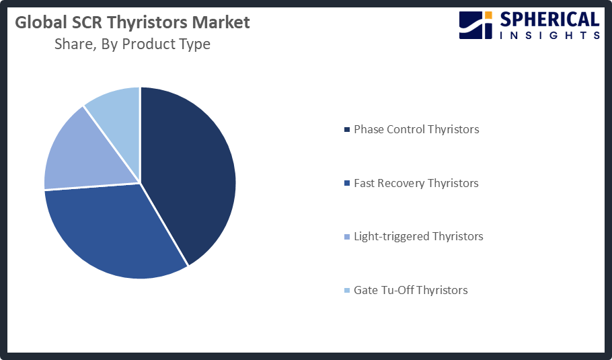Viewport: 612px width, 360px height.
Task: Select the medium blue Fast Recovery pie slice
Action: point(114,232)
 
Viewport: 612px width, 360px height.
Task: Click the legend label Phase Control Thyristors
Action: point(416,129)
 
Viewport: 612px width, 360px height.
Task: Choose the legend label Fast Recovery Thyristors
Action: point(416,183)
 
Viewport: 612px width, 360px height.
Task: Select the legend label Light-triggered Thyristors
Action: point(418,236)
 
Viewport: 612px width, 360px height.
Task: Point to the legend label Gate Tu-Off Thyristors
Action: point(410,290)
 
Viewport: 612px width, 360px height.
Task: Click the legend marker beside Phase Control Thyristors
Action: point(347,130)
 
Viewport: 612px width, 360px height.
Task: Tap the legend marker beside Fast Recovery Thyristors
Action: point(347,184)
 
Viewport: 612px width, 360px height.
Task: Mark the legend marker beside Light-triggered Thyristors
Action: point(347,237)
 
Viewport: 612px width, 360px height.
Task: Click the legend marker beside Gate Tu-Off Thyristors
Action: point(347,291)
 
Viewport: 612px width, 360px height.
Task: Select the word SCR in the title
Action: point(87,23)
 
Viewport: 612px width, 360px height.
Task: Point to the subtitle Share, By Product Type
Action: point(132,44)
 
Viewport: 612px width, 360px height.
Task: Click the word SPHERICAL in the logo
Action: point(549,20)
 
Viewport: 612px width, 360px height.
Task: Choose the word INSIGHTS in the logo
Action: point(549,35)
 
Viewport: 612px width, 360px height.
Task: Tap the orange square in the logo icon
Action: point(488,15)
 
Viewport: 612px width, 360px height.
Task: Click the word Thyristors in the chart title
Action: point(148,23)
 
